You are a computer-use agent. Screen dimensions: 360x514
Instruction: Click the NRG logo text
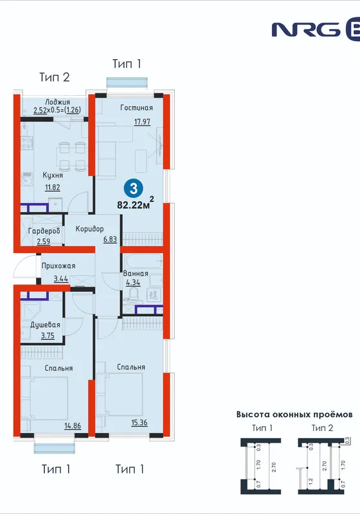pyautogui.click(x=306, y=30)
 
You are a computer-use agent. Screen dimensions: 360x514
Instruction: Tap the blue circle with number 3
pyautogui.click(x=134, y=188)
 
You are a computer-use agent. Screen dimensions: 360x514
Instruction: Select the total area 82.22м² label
pyautogui.click(x=136, y=203)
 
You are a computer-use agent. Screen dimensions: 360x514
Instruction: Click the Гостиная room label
pyautogui.click(x=136, y=108)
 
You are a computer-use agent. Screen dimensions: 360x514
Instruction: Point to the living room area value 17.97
pyautogui.click(x=142, y=121)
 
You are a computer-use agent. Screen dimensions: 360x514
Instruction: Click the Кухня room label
pyautogui.click(x=53, y=175)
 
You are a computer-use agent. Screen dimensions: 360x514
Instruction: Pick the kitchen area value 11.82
pyautogui.click(x=53, y=188)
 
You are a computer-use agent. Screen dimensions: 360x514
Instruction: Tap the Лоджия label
pyautogui.click(x=57, y=102)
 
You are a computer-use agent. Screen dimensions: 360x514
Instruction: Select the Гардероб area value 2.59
pyautogui.click(x=43, y=242)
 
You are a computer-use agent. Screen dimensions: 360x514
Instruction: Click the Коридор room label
pyautogui.click(x=89, y=229)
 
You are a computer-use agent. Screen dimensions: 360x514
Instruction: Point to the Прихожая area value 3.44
pyautogui.click(x=61, y=279)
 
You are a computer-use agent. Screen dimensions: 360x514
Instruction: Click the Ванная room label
pyautogui.click(x=136, y=274)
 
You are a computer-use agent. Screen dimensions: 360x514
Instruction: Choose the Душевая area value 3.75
pyautogui.click(x=48, y=335)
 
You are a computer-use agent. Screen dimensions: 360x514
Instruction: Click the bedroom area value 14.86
pyautogui.click(x=73, y=426)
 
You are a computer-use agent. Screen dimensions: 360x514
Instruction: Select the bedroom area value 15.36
pyautogui.click(x=139, y=423)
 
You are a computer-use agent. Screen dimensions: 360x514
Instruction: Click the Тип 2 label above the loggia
pyautogui.click(x=55, y=77)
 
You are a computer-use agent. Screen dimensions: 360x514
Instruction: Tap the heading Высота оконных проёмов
pyautogui.click(x=294, y=414)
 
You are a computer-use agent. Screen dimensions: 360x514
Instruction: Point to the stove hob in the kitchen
pyautogui.click(x=27, y=143)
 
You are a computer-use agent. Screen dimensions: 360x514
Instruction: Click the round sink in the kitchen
pyautogui.click(x=26, y=180)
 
